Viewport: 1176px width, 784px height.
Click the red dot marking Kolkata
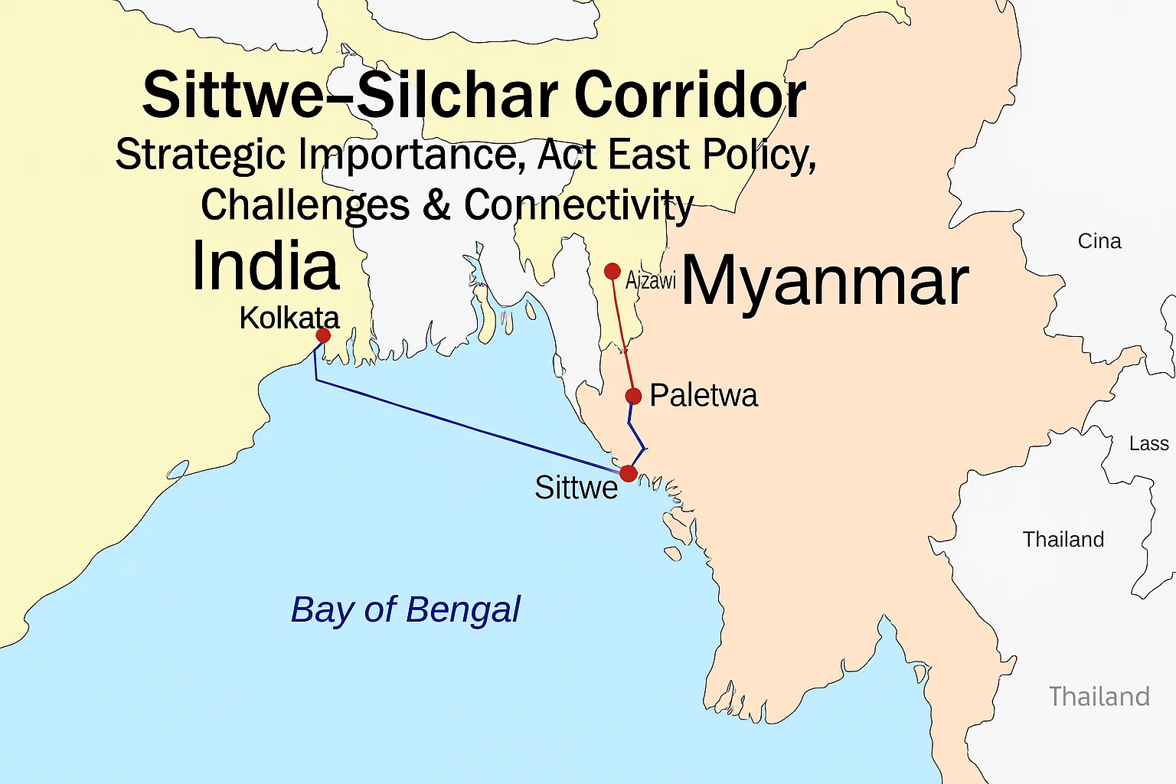[323, 335]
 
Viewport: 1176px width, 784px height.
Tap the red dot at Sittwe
[628, 473]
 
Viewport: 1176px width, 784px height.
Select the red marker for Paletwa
[633, 396]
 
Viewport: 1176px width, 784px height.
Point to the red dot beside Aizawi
[612, 271]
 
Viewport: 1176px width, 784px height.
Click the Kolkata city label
[289, 318]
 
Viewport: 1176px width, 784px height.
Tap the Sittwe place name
[576, 488]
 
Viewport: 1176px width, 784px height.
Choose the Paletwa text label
[704, 395]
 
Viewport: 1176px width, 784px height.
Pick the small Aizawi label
[651, 280]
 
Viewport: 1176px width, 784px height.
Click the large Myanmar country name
[825, 282]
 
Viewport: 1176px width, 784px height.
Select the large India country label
[265, 266]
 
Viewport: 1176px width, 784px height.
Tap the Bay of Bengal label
[405, 610]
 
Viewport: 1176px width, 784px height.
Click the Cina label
[1099, 241]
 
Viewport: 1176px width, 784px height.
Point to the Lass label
[1148, 444]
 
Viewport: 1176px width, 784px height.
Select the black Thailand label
[1063, 540]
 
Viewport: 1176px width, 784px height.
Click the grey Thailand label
[1099, 697]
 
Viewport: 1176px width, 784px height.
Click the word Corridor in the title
[689, 95]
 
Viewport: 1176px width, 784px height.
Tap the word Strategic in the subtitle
[201, 155]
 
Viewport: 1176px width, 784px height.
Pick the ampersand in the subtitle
[436, 205]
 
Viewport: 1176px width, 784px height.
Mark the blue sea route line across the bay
[467, 426]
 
